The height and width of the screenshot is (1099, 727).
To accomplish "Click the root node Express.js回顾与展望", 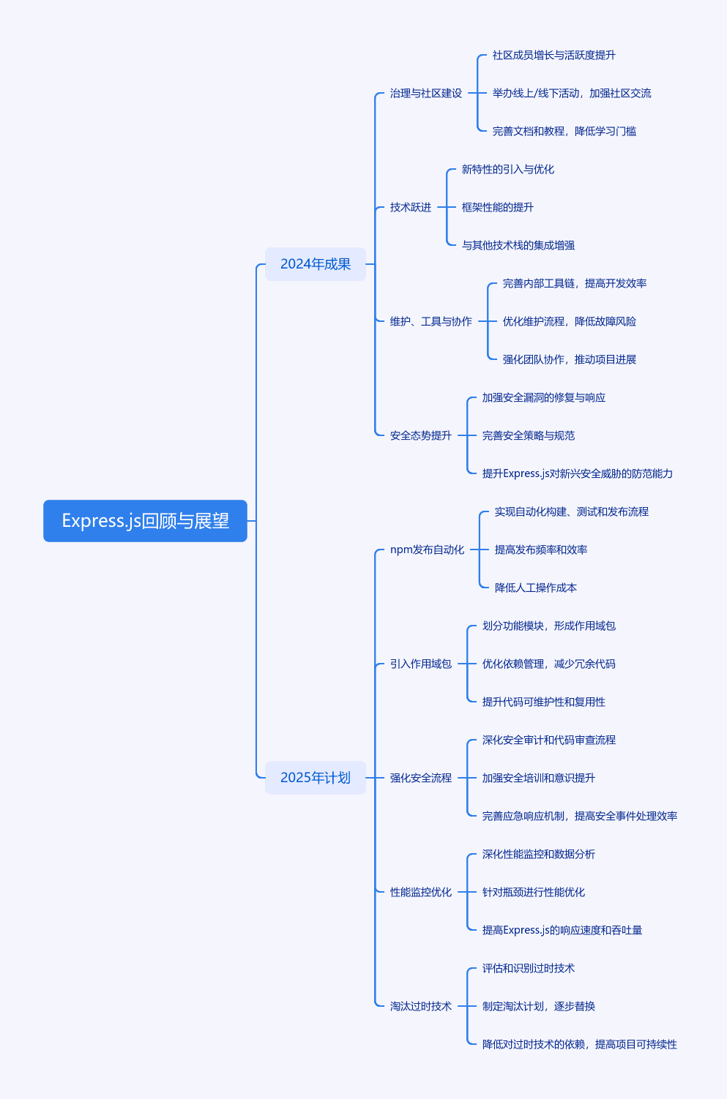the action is [145, 520].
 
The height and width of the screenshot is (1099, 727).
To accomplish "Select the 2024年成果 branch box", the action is [316, 264].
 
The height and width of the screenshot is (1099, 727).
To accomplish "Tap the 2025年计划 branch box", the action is [316, 778].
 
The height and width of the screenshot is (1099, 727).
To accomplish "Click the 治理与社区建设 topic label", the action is [426, 93].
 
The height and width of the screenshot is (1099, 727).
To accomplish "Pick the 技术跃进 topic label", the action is [411, 207].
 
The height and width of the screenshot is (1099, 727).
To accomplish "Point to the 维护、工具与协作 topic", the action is [431, 321].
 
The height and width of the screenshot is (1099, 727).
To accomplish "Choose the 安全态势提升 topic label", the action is [421, 435].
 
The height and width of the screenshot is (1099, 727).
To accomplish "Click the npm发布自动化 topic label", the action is [427, 549].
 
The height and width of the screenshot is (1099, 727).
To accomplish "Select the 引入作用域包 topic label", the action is [421, 664].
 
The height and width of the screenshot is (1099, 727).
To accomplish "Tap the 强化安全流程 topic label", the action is [421, 778].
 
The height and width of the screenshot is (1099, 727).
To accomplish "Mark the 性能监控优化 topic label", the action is [421, 892].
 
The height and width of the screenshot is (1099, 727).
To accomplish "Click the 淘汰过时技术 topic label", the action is [421, 1006].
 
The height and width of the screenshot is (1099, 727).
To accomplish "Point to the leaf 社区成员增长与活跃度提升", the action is [554, 55].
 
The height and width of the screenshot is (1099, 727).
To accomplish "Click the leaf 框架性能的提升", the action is [498, 207].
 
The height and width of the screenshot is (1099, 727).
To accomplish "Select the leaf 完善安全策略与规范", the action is [528, 435].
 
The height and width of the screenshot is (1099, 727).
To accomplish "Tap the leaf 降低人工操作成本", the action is [536, 588].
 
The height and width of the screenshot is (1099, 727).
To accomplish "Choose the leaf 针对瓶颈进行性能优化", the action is [534, 892].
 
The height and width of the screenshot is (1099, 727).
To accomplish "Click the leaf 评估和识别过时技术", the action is [528, 968].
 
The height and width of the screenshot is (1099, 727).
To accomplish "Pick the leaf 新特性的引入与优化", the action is [508, 169].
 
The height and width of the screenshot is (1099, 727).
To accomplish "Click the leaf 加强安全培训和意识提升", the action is [539, 778].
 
